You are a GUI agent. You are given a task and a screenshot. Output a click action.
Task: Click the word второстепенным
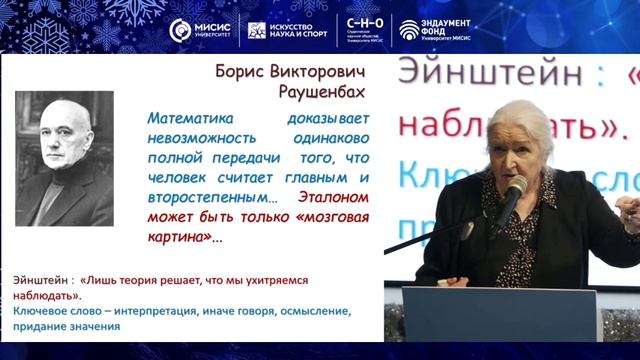[205, 197]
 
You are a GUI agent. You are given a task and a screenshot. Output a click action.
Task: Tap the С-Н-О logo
[365, 29]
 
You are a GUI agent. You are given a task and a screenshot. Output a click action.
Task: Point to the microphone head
[515, 187]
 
